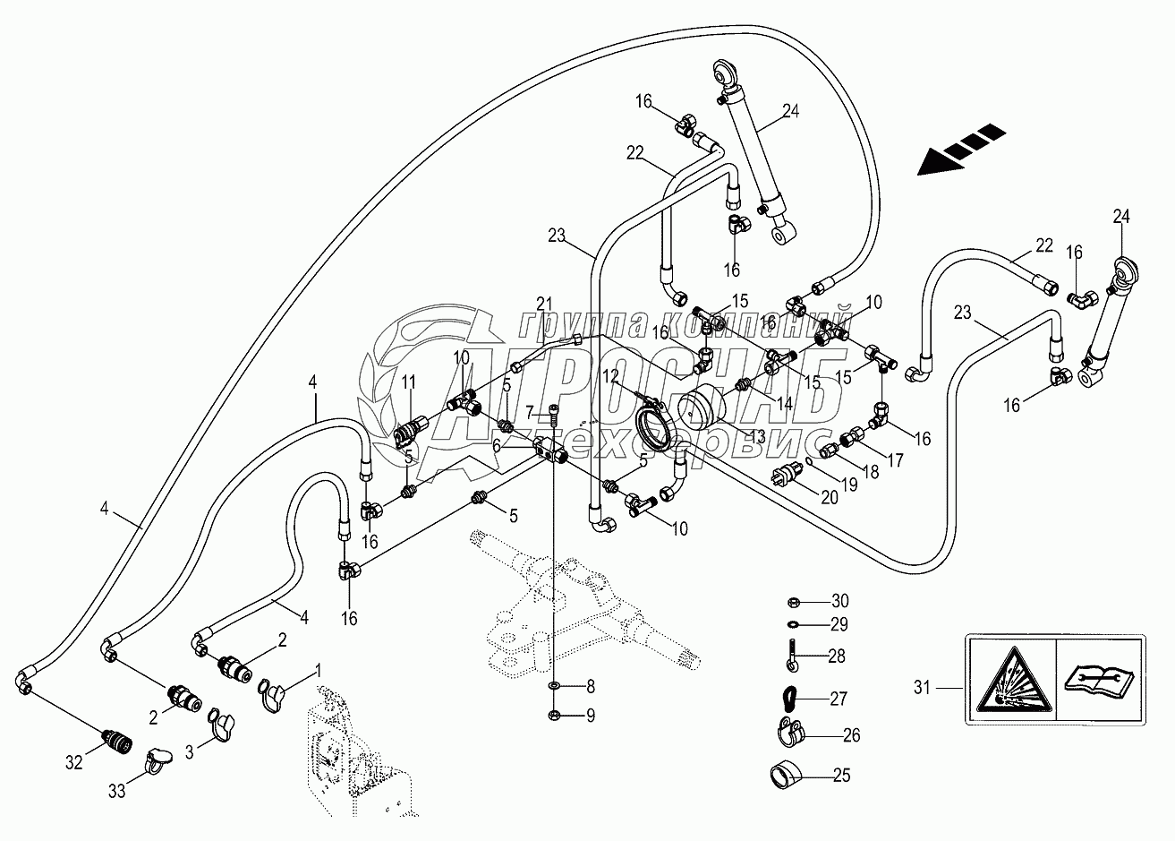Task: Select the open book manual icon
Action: click(x=1100, y=677)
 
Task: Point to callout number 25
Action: click(x=840, y=775)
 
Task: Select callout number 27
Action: click(x=839, y=699)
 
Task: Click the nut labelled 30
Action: click(x=794, y=600)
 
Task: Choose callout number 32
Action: click(x=73, y=763)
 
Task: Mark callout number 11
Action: click(x=409, y=384)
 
